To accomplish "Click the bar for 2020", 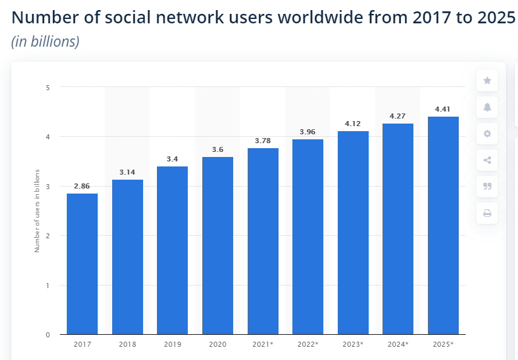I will [x=217, y=245].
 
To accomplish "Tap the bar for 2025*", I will [x=443, y=225].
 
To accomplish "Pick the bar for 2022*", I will [x=308, y=236].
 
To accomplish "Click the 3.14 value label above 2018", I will [x=127, y=172].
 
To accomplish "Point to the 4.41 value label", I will [x=443, y=109].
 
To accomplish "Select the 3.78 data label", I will [x=263, y=141].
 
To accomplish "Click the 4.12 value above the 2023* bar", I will [x=353, y=124].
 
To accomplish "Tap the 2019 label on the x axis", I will [x=172, y=344].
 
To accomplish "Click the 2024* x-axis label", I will [x=398, y=344].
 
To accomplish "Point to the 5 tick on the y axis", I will [x=48, y=87].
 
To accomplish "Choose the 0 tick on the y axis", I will [x=48, y=335].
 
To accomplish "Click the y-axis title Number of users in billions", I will [x=37, y=211].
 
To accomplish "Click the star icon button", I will [x=487, y=81].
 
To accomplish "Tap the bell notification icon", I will [x=487, y=107].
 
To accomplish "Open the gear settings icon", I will [x=487, y=134].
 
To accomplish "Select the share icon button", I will [x=487, y=160].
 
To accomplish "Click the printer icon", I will [x=487, y=213].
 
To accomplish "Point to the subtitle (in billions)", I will [x=45, y=42].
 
